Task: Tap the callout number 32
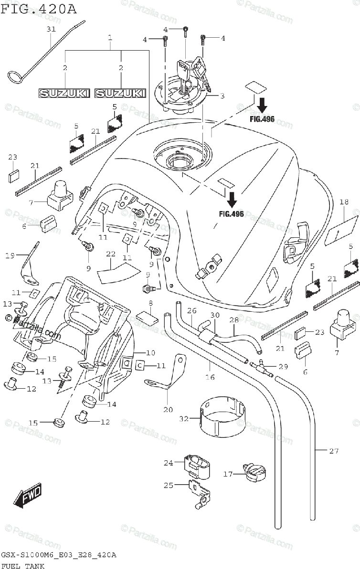184,419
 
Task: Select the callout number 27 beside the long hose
334,451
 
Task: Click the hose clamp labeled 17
254,471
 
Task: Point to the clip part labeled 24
197,467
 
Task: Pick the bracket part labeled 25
200,494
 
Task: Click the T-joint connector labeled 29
261,368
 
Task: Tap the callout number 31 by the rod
51,29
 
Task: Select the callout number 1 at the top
110,38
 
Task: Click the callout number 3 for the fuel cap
222,96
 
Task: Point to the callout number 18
344,202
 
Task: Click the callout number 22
111,254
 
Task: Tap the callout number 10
150,353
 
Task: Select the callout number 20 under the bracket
168,410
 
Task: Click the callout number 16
210,377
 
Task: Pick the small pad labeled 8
148,318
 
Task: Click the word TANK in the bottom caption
35,566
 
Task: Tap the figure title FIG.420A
38,9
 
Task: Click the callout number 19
10,255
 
